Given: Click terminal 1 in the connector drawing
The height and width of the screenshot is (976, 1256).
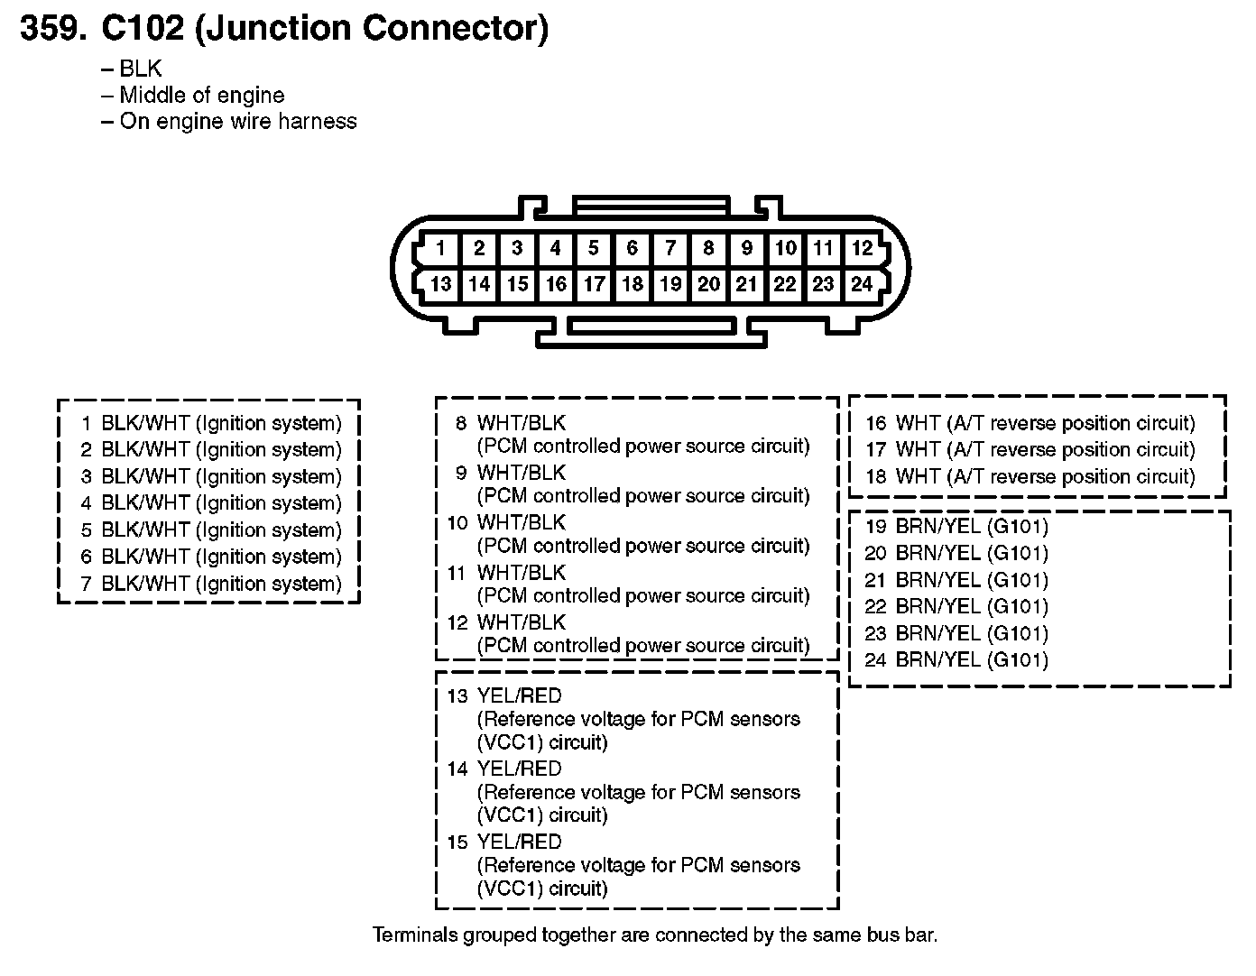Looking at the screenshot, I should pyautogui.click(x=440, y=248).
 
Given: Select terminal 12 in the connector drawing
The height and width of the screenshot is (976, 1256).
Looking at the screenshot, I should pyautogui.click(x=862, y=248).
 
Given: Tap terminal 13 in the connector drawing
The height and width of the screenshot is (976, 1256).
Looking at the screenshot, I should pyautogui.click(x=440, y=285).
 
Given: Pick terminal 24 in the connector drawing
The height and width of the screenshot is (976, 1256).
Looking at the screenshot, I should pyautogui.click(x=862, y=285).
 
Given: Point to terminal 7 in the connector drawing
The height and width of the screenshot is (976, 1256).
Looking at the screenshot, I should pyautogui.click(x=670, y=248).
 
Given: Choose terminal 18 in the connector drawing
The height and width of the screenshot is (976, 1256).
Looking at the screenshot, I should pyautogui.click(x=632, y=285).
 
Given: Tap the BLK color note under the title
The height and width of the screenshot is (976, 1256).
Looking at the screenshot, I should pyautogui.click(x=140, y=69).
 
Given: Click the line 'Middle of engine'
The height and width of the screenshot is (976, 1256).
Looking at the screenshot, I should pyautogui.click(x=201, y=96).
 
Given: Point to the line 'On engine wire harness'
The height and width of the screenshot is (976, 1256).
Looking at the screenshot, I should pyautogui.click(x=237, y=122).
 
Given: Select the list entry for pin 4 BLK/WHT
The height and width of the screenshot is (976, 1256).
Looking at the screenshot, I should pyautogui.click(x=212, y=503).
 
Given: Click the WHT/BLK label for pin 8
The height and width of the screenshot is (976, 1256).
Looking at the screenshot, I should pyautogui.click(x=522, y=423).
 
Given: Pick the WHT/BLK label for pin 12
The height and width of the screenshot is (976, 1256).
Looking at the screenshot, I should pyautogui.click(x=522, y=622).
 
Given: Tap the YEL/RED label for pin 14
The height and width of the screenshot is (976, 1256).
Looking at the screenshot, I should pyautogui.click(x=519, y=769).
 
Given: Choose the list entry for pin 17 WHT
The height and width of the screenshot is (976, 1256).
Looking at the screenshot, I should pyautogui.click(x=1030, y=450).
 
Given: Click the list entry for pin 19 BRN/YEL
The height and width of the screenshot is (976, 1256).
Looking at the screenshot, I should pyautogui.click(x=956, y=527).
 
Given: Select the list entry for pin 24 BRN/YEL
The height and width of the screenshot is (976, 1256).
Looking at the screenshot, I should pyautogui.click(x=956, y=660).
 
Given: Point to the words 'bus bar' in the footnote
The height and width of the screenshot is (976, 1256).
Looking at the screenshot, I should pyautogui.click(x=903, y=935).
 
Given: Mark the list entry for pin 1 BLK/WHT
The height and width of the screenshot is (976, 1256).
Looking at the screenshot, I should pyautogui.click(x=212, y=423).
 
